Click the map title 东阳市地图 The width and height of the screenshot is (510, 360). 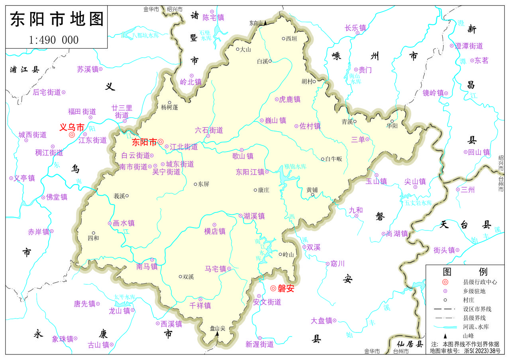[56, 19]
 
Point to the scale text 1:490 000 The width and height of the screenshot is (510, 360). [54, 40]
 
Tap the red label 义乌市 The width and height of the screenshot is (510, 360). [72, 128]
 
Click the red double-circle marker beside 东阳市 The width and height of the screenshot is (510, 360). [161, 142]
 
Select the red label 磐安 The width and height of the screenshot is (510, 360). [286, 289]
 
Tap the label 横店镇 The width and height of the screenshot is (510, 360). [215, 231]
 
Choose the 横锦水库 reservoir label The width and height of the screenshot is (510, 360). [295, 166]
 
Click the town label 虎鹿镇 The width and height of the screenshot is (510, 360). [290, 99]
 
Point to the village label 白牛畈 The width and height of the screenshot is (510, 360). [333, 159]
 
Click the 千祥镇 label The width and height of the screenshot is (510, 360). [200, 306]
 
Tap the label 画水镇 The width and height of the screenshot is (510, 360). [124, 223]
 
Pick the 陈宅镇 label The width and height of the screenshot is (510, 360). [213, 18]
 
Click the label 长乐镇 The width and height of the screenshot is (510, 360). [355, 28]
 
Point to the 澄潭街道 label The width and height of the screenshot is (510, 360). [469, 46]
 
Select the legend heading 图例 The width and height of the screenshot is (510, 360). [465, 272]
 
